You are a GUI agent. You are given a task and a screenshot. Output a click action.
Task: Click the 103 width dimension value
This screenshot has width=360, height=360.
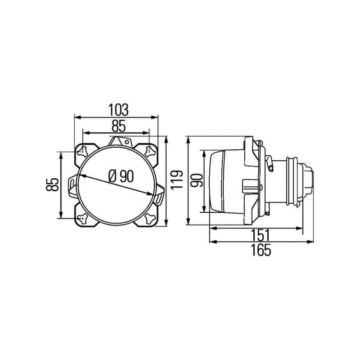pyautogui.click(x=118, y=110)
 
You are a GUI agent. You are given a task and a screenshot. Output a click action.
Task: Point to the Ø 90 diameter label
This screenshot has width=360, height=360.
pyautogui.click(x=121, y=176)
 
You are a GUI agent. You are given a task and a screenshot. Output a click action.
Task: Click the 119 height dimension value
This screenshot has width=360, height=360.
pyautogui.click(x=176, y=180)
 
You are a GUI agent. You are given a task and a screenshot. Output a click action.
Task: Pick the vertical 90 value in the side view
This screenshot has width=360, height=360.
pyautogui.click(x=197, y=180)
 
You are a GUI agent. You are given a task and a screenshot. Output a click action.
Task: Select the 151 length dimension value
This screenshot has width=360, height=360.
pyautogui.click(x=260, y=234)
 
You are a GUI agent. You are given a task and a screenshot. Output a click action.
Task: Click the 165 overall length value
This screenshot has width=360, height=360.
pyautogui.click(x=261, y=250)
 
